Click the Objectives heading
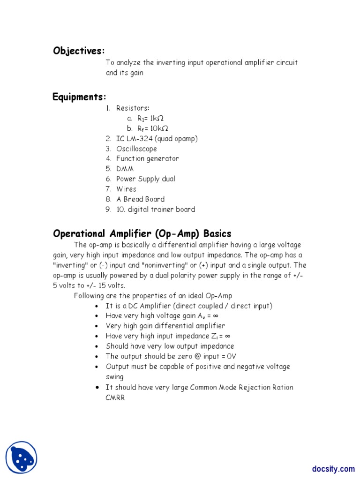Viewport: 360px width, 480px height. point(79,51)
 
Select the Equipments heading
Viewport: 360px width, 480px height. point(79,97)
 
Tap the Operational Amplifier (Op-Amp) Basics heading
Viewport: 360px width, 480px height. point(142,233)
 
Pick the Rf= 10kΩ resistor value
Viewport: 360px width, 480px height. point(152,128)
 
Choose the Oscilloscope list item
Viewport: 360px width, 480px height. point(136,149)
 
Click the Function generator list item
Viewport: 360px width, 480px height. point(147,158)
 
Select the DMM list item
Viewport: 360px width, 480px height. point(125,169)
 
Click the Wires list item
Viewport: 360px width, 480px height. point(126,189)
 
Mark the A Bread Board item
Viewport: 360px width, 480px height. point(140,199)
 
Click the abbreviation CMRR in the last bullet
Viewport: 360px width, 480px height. point(115,397)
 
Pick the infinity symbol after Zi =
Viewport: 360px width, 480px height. point(227,336)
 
